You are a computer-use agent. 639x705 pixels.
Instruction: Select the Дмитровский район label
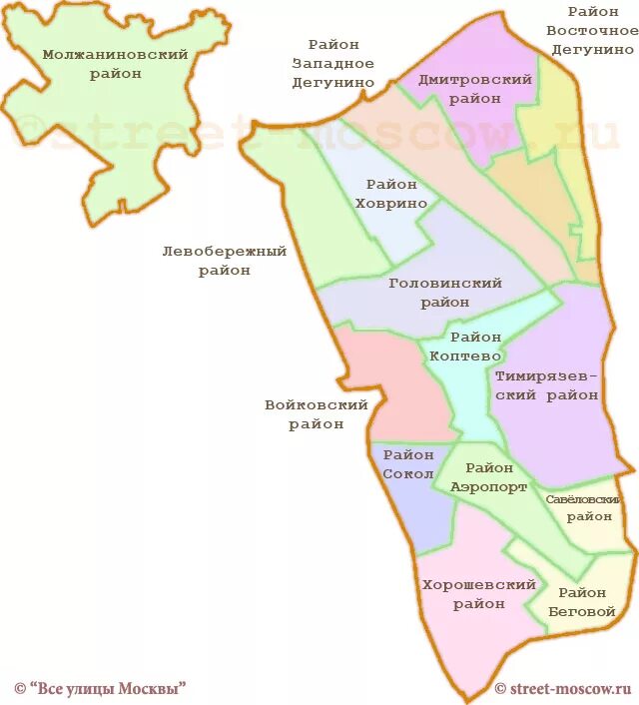(460, 89)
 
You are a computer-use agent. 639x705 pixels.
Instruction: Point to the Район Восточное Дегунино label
(592, 30)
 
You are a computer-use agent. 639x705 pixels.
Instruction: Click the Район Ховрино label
(396, 194)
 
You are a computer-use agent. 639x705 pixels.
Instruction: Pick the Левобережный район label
(224, 261)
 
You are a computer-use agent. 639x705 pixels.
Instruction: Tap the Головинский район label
(444, 293)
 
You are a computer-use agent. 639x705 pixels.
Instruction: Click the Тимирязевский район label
(546, 385)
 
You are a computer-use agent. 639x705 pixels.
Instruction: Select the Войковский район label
(317, 414)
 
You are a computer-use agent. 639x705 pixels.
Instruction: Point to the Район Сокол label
(407, 464)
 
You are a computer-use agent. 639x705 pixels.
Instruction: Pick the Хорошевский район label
(478, 594)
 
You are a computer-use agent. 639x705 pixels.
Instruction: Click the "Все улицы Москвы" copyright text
(100, 688)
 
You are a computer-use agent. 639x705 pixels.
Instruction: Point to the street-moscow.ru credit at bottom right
(565, 688)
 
